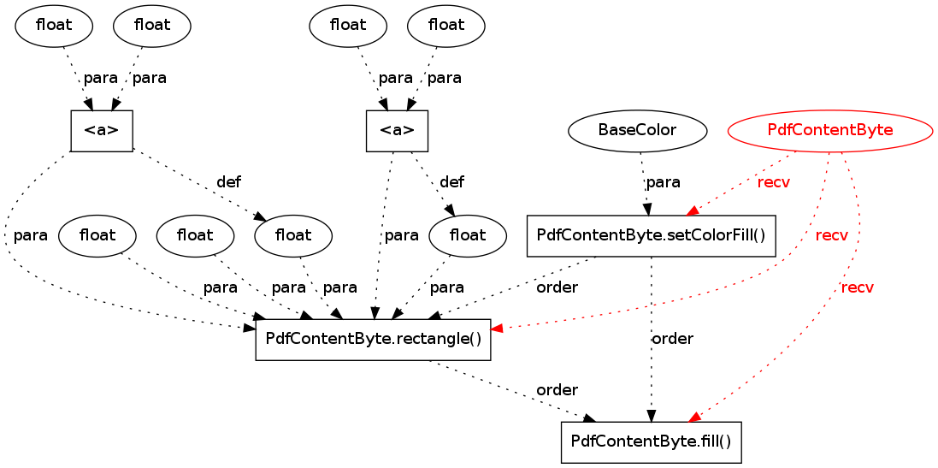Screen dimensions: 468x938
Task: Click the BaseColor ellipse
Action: pos(638,131)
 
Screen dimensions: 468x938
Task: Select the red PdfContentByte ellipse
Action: pos(829,131)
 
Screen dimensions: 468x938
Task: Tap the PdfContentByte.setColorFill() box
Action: pos(651,235)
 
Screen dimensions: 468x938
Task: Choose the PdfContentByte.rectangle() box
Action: pos(373,339)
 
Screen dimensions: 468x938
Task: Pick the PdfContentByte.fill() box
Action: pos(651,441)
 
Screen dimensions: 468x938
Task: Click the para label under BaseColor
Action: pos(663,182)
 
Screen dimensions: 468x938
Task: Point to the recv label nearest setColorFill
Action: pos(773,183)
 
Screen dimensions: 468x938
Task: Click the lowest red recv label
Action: pos(857,287)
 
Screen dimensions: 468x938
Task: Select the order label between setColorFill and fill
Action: pos(672,339)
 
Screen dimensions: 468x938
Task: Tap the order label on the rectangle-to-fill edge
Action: pos(557,390)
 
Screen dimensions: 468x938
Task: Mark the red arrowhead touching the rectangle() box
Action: pos(497,328)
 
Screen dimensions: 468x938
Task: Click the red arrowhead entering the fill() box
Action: pos(695,416)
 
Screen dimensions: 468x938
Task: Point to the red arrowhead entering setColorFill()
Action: pos(693,210)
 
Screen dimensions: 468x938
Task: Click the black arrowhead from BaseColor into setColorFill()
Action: pos(648,209)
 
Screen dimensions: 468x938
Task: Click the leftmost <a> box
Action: pos(101,131)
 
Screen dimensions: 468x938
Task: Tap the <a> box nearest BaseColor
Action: pos(397,131)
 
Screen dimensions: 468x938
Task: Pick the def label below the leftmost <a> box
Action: pos(228,182)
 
